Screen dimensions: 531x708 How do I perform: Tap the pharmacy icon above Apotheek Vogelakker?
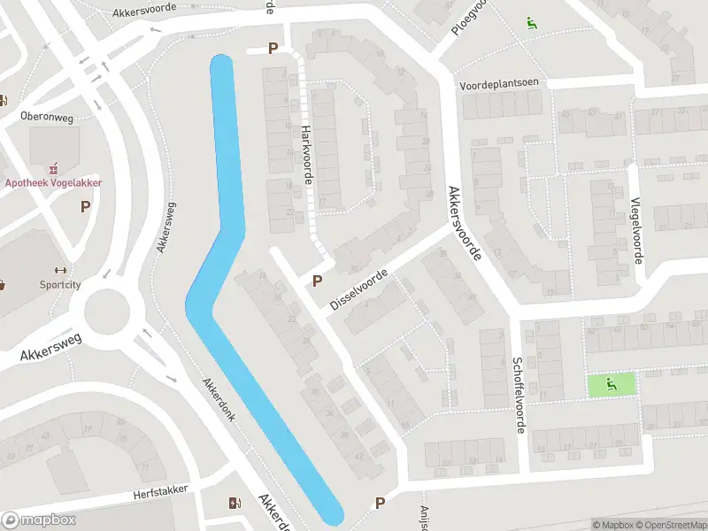pos(55,166)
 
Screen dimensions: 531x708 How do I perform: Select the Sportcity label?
pos(60,285)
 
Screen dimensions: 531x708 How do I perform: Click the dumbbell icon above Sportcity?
pos(60,270)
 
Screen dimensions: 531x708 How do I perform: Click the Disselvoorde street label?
pos(358,289)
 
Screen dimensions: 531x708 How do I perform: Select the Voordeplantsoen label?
pos(498,84)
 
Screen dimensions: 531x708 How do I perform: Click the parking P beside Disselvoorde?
pos(317,281)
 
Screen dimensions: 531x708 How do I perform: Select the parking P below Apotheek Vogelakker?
pos(86,207)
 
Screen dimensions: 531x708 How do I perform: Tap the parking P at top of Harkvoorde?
pos(273,50)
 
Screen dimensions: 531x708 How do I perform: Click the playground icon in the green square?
pos(612,384)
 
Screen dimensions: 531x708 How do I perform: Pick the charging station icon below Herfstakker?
pos(234,504)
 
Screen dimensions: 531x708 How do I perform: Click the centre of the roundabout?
pos(112,312)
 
